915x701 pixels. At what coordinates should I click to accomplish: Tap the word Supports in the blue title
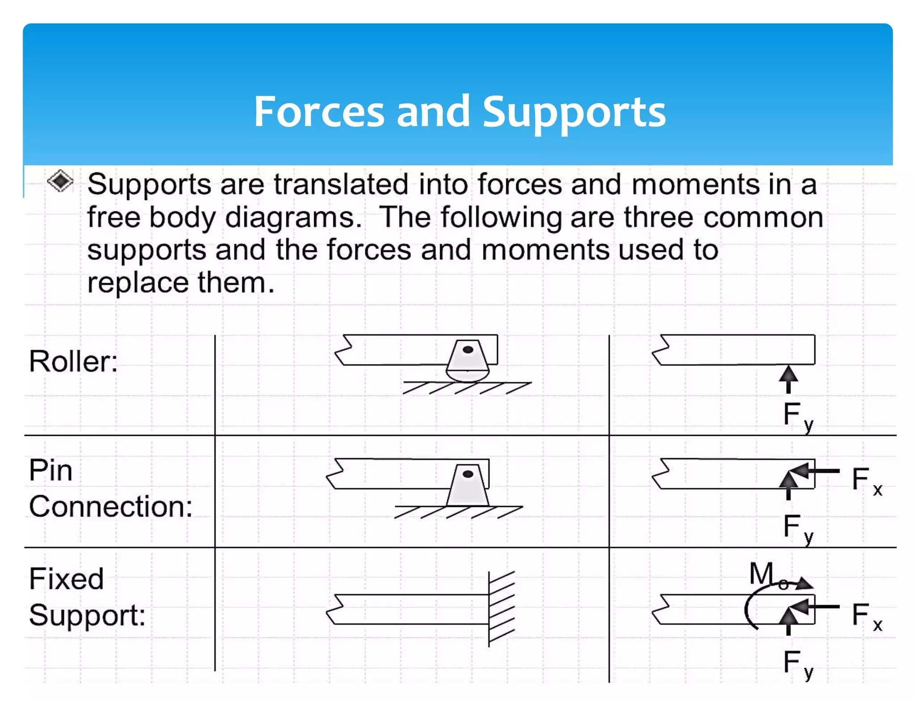(574, 113)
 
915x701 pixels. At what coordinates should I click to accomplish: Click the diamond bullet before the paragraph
(60, 181)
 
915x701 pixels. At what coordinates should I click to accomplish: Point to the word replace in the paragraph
(138, 283)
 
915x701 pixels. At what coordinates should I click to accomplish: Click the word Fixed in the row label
(66, 579)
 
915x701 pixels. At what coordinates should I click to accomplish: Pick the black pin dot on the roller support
(468, 350)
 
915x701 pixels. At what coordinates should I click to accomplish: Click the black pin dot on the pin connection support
(468, 474)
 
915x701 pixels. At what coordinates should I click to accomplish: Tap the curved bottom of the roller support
(467, 375)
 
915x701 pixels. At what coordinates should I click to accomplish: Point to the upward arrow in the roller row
(788, 379)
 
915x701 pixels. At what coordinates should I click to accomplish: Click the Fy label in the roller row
(797, 416)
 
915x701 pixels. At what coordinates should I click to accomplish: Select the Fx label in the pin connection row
(866, 481)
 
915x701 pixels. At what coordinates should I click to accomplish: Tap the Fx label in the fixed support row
(866, 616)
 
